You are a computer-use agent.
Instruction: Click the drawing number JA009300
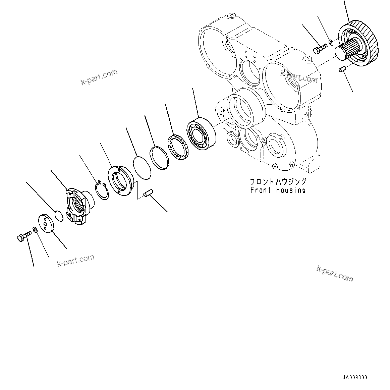pos(354,377)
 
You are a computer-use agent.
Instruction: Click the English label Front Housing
pos(278,190)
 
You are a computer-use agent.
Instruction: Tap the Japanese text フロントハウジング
pos(278,182)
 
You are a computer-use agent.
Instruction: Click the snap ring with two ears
pos(101,190)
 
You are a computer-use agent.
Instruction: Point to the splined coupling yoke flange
pos(78,206)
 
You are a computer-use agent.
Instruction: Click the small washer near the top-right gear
pos(330,42)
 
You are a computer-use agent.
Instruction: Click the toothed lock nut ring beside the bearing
pos(177,147)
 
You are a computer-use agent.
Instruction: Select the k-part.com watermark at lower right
pos(335,273)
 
